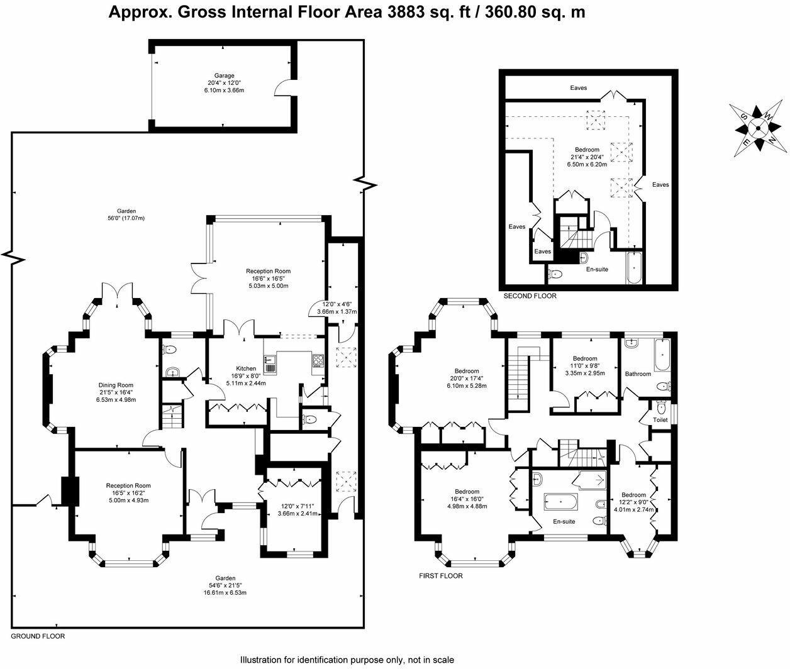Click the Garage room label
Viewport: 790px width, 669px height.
click(x=224, y=75)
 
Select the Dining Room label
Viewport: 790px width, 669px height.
click(x=116, y=385)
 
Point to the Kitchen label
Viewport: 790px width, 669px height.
click(x=246, y=368)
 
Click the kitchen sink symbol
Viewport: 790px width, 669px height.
click(x=269, y=363)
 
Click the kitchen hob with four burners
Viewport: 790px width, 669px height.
click(x=318, y=360)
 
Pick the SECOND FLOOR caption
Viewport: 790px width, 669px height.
click(x=530, y=296)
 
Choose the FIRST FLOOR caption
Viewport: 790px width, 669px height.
click(x=441, y=576)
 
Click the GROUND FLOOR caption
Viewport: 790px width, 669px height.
click(x=38, y=636)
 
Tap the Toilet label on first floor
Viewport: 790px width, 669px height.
click(x=660, y=419)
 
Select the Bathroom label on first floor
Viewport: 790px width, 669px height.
click(x=638, y=373)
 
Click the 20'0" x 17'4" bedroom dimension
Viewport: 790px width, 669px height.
click(x=467, y=379)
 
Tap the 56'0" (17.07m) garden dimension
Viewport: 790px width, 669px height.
click(x=126, y=218)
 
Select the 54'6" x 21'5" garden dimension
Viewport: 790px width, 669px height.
click(x=225, y=585)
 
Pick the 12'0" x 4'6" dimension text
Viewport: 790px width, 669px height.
click(x=337, y=304)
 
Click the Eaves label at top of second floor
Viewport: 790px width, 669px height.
click(x=578, y=88)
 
